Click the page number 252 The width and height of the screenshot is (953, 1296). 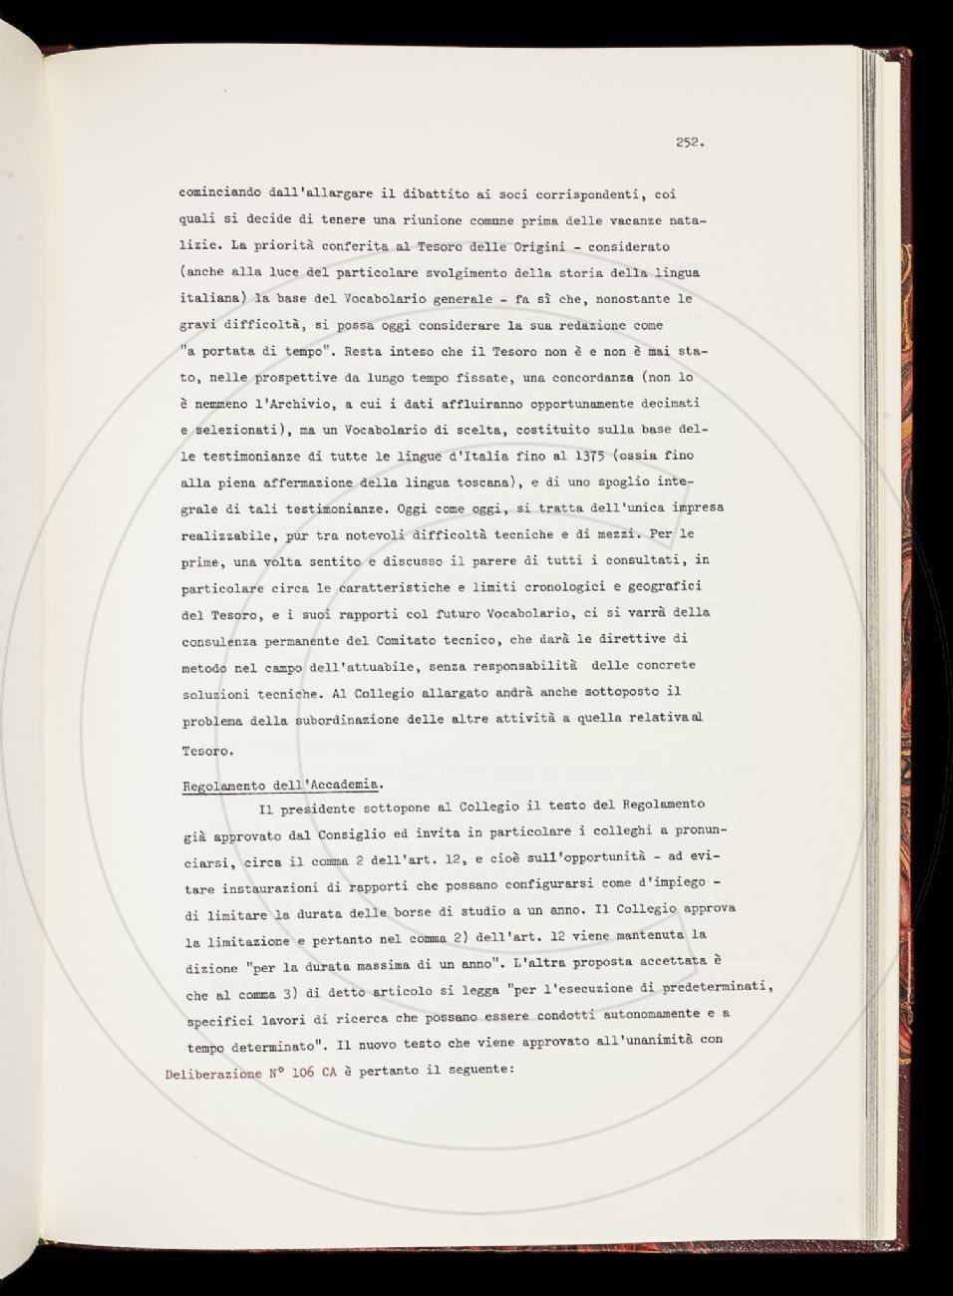click(689, 143)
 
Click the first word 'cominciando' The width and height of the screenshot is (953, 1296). click(218, 194)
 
